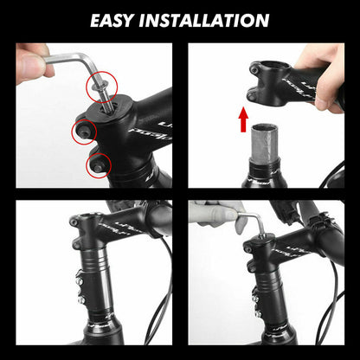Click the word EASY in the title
121,18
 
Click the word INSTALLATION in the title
209,18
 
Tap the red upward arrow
244,119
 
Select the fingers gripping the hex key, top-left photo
33,62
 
